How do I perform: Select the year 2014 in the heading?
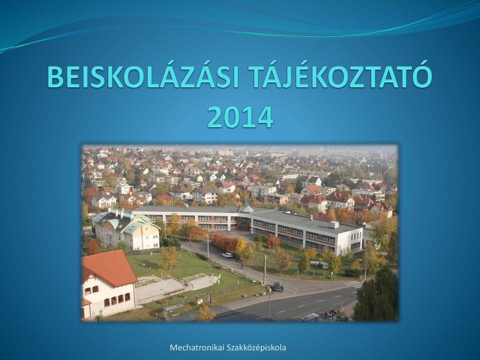point(240,117)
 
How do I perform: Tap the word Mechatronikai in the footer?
point(197,348)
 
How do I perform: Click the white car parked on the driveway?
point(227,255)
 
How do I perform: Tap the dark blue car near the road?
point(276,286)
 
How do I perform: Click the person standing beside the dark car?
point(282,288)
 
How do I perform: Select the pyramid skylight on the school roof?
point(248,209)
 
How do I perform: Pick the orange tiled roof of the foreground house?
point(108,268)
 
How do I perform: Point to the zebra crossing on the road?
point(356,286)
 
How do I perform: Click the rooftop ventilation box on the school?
point(334,224)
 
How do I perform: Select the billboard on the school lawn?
point(319,265)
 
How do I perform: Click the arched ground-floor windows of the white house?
point(117,299)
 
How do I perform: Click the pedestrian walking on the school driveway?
point(242,266)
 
